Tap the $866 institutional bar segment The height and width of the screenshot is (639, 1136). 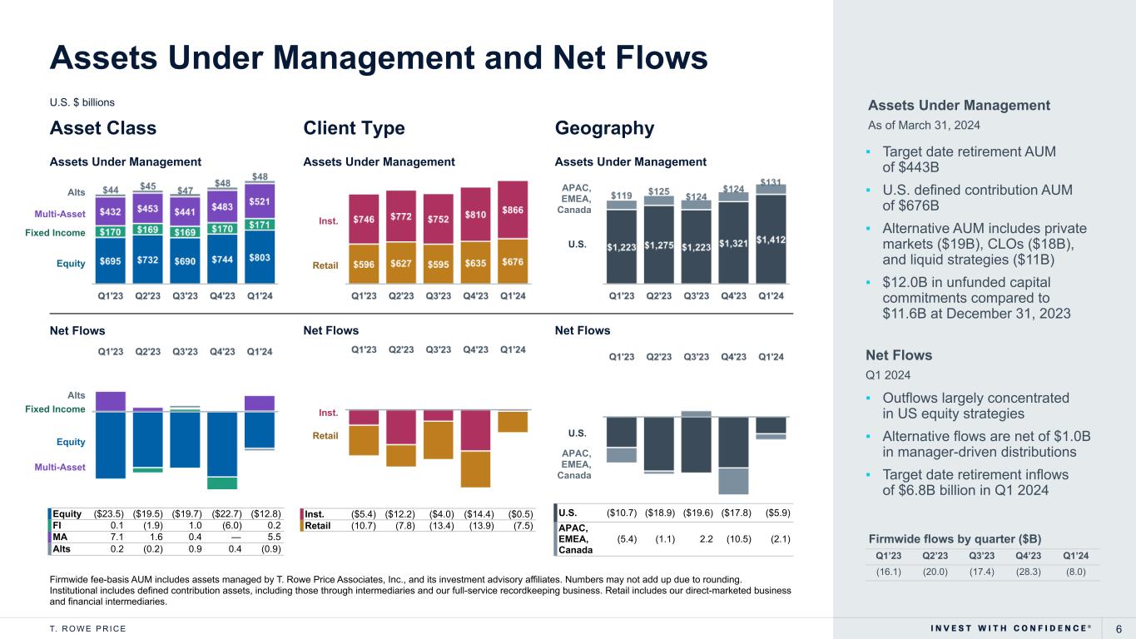pyautogui.click(x=512, y=212)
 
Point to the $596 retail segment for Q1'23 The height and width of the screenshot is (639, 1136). pyautogui.click(x=364, y=265)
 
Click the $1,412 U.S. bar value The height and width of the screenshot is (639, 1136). pyautogui.click(x=771, y=240)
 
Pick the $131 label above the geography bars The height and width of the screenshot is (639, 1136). pyautogui.click(x=771, y=182)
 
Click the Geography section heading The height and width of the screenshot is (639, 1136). pyautogui.click(x=604, y=128)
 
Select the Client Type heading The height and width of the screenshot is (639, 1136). pyautogui.click(x=355, y=128)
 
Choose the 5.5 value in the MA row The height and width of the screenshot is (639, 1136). pyautogui.click(x=273, y=537)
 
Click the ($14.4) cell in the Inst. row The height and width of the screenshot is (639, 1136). pyautogui.click(x=475, y=513)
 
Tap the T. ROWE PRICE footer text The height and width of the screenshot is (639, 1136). pyautogui.click(x=88, y=628)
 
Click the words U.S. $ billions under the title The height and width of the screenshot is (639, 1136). pyautogui.click(x=82, y=102)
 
